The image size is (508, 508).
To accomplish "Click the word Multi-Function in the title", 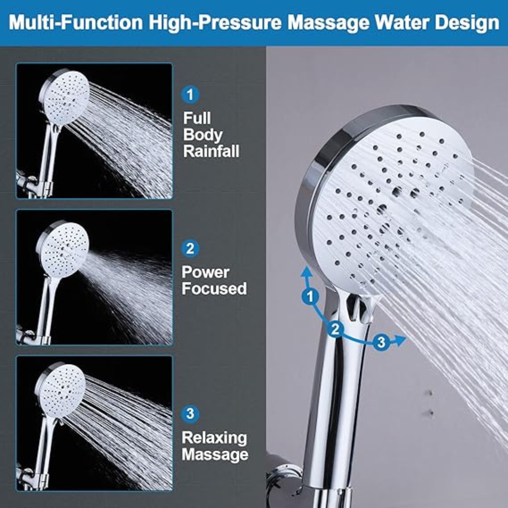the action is pyautogui.click(x=76, y=23).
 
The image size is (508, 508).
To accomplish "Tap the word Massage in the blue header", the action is pyautogui.click(x=328, y=23).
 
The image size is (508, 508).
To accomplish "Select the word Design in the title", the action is pyautogui.click(x=467, y=23).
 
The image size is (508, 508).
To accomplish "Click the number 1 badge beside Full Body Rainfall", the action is pyautogui.click(x=190, y=95).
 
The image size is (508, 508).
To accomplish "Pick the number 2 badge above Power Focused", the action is pyautogui.click(x=190, y=248).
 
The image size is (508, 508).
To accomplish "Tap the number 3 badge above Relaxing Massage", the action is pyautogui.click(x=190, y=414).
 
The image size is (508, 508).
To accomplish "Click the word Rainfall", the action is pyautogui.click(x=211, y=151).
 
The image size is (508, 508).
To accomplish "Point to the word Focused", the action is pyautogui.click(x=214, y=288).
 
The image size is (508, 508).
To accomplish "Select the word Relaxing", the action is pyautogui.click(x=214, y=438).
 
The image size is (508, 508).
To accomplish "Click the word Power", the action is pyautogui.click(x=206, y=272).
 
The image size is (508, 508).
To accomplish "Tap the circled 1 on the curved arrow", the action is pyautogui.click(x=310, y=296).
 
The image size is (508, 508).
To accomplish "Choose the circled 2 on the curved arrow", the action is pyautogui.click(x=335, y=329).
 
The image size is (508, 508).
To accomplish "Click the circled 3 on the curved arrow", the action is pyautogui.click(x=381, y=342).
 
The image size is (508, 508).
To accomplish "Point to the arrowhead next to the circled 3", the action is pyautogui.click(x=399, y=341).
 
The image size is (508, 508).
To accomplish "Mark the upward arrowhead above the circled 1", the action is pyautogui.click(x=306, y=272).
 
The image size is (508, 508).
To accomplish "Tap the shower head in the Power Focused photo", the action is pyautogui.click(x=62, y=249).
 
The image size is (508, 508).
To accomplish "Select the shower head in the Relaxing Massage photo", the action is pyautogui.click(x=60, y=390).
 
